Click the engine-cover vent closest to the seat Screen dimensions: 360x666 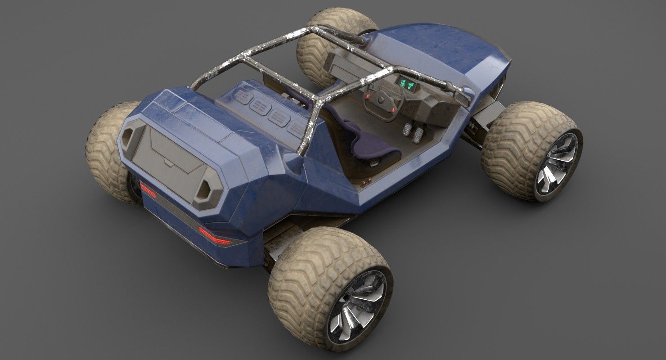tap(297, 127)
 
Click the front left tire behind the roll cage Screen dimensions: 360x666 tap(315, 49)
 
